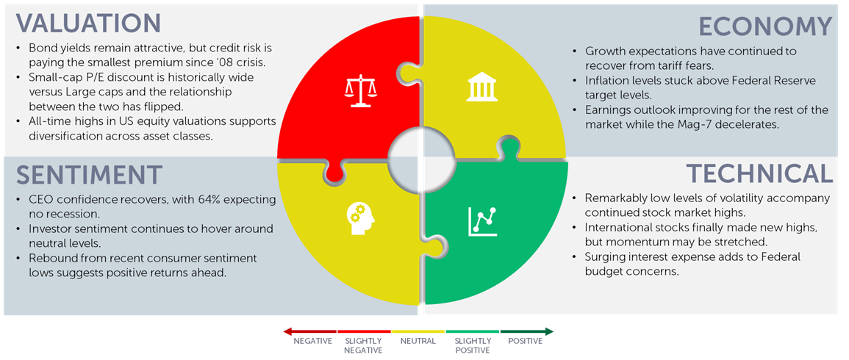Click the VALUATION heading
tap(88, 24)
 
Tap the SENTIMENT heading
tap(89, 174)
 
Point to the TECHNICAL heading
tap(759, 173)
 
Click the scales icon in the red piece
tap(360, 92)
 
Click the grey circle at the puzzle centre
tap(422, 161)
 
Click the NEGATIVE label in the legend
tap(313, 341)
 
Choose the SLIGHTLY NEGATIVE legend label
tap(363, 345)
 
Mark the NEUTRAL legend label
tap(418, 341)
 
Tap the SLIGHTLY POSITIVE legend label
tap(473, 345)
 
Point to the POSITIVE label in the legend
tap(526, 341)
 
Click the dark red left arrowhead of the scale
tap(287, 331)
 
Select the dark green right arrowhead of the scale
tap(549, 331)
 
